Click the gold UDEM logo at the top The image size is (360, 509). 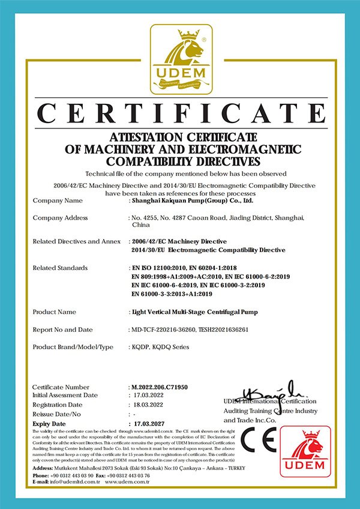180,59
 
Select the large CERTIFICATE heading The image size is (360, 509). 180,115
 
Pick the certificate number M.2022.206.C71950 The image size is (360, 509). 159,388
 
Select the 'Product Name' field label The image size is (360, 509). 55,312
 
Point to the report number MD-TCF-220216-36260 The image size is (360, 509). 165,330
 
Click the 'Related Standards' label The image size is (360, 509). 60,267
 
